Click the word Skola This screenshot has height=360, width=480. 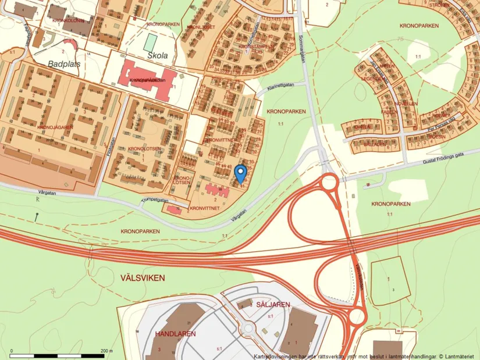coord(158,55)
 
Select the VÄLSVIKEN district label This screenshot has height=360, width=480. coord(143,278)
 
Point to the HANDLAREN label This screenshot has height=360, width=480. coord(175,334)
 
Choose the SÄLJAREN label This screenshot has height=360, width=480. coord(269,304)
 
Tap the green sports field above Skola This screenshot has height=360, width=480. coord(151,42)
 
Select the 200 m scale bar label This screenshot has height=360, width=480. coord(106,351)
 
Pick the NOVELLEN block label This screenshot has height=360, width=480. coord(407,104)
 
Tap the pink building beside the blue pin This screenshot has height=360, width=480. coord(216,191)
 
